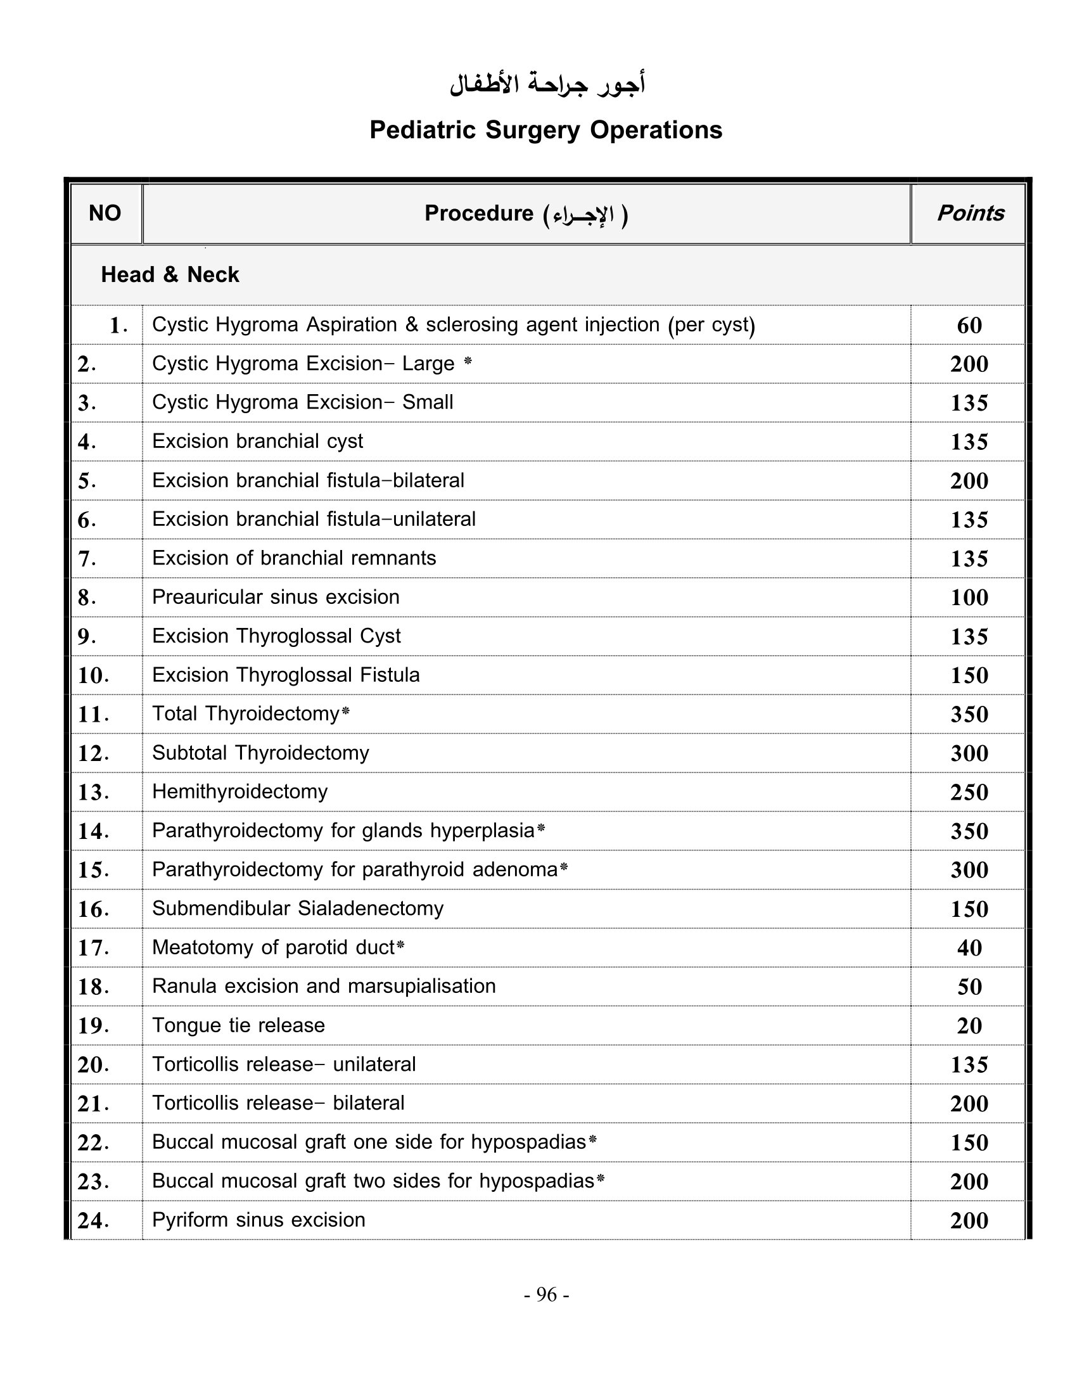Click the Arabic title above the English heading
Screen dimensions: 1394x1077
click(547, 85)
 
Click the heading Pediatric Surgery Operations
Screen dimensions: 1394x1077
click(545, 130)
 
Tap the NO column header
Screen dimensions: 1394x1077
click(105, 213)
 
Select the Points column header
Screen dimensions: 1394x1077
click(970, 213)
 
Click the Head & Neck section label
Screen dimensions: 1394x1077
click(170, 274)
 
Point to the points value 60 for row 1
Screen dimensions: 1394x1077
click(969, 326)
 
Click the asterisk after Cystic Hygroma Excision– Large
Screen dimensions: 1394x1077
click(468, 361)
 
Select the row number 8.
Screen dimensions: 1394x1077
click(87, 598)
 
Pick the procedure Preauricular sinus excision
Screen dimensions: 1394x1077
click(276, 597)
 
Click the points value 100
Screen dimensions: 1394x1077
click(969, 598)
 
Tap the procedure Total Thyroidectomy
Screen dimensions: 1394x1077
click(246, 713)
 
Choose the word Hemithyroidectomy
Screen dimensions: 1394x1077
click(240, 791)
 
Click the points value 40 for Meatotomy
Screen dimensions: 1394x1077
click(969, 948)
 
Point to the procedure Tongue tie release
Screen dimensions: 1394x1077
click(239, 1025)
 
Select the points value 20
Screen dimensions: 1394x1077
click(969, 1026)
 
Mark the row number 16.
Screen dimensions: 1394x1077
click(93, 909)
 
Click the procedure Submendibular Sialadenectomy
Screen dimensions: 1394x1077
click(297, 908)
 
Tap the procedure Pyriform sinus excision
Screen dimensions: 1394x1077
click(258, 1220)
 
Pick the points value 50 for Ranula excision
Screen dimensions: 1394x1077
click(969, 987)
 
